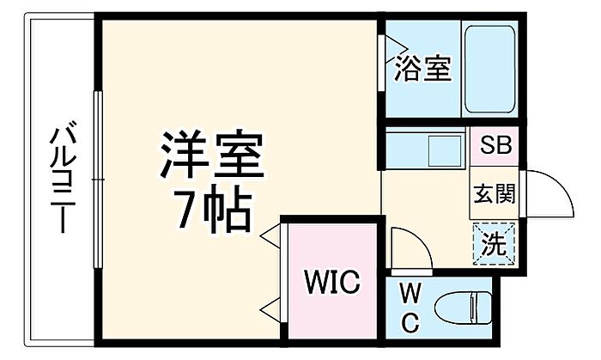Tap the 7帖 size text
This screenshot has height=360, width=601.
pyautogui.click(x=211, y=209)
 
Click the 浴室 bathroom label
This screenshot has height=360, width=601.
pyautogui.click(x=423, y=69)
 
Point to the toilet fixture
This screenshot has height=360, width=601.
pyautogui.click(x=464, y=308)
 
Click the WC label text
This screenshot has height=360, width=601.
pyautogui.click(x=410, y=308)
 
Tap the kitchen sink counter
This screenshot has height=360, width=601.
pyautogui.click(x=425, y=150)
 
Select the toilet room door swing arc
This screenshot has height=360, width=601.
pyautogui.click(x=410, y=248)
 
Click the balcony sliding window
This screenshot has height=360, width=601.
pyautogui.click(x=99, y=180)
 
